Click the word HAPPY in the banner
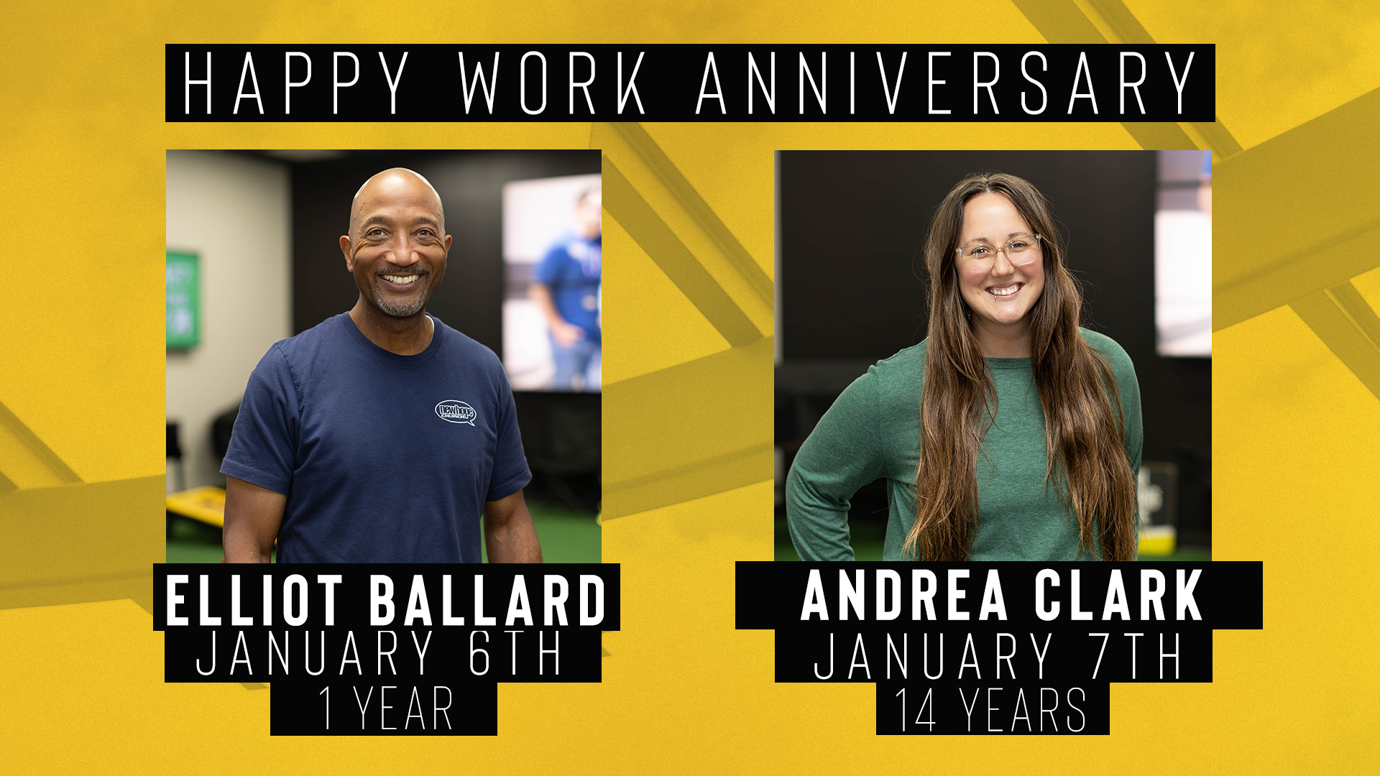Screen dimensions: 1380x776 tap(296, 83)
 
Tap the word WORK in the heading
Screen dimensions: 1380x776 tap(552, 83)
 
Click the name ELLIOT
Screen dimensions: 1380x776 tap(254, 600)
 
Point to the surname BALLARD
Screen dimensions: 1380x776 tap(488, 600)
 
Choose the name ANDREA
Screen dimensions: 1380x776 tap(905, 595)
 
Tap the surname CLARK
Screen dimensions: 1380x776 tap(1118, 595)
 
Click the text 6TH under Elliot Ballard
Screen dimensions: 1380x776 tap(515, 653)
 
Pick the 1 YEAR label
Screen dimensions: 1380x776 tap(386, 708)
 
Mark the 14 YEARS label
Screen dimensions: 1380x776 tap(990, 710)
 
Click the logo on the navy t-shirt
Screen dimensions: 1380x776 tap(456, 412)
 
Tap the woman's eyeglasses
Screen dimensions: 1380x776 tap(998, 252)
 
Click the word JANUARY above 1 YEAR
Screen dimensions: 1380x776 tap(315, 653)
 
